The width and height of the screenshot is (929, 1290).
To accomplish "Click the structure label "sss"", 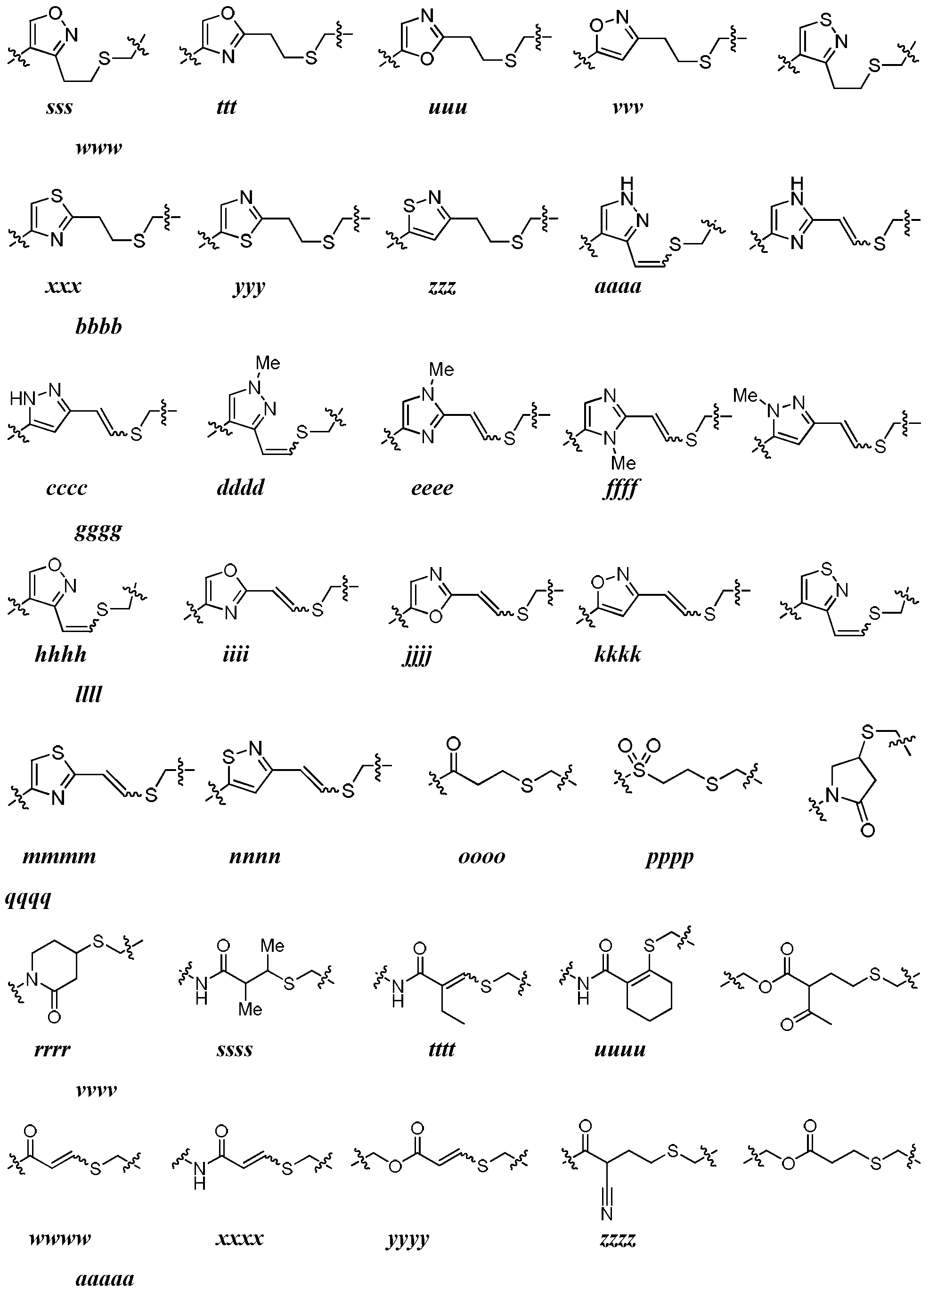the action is tap(60, 107).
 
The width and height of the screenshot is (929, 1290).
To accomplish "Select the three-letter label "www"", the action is tap(99, 148).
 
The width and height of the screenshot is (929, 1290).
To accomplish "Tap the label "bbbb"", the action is tap(99, 326).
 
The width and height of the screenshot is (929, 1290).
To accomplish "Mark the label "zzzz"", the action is tap(618, 1238).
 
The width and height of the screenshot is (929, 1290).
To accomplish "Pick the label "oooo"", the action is tap(482, 857).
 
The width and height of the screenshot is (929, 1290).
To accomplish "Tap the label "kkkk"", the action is tap(618, 654).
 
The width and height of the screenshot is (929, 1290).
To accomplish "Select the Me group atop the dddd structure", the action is tap(268, 362).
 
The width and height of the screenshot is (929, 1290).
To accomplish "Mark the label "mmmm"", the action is tap(60, 857).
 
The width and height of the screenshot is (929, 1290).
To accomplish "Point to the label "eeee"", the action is tap(432, 488).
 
